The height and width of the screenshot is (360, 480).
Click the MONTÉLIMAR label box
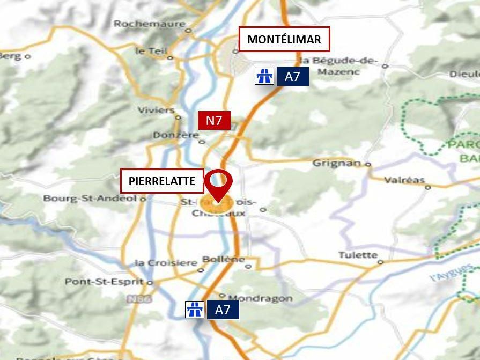tap(284, 39)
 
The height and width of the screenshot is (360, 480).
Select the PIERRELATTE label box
tap(162, 181)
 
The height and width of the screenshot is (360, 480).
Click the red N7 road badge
tap(214, 120)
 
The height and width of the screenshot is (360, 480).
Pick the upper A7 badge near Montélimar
tap(292, 76)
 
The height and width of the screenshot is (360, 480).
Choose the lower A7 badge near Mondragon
tap(223, 310)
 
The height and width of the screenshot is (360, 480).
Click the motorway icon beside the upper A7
tap(264, 76)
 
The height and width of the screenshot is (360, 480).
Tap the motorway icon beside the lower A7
tap(194, 310)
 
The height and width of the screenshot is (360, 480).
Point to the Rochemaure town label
tap(149, 24)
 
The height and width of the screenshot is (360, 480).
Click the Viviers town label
tap(156, 110)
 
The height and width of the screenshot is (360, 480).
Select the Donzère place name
tap(175, 135)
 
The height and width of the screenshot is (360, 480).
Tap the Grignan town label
tap(336, 163)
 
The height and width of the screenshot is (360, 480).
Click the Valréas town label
tap(404, 180)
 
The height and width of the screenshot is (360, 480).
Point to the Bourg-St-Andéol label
tap(90, 198)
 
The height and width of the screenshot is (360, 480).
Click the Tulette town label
tap(358, 255)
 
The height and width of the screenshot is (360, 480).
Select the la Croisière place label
tap(166, 263)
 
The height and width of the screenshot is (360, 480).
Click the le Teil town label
tap(147, 51)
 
